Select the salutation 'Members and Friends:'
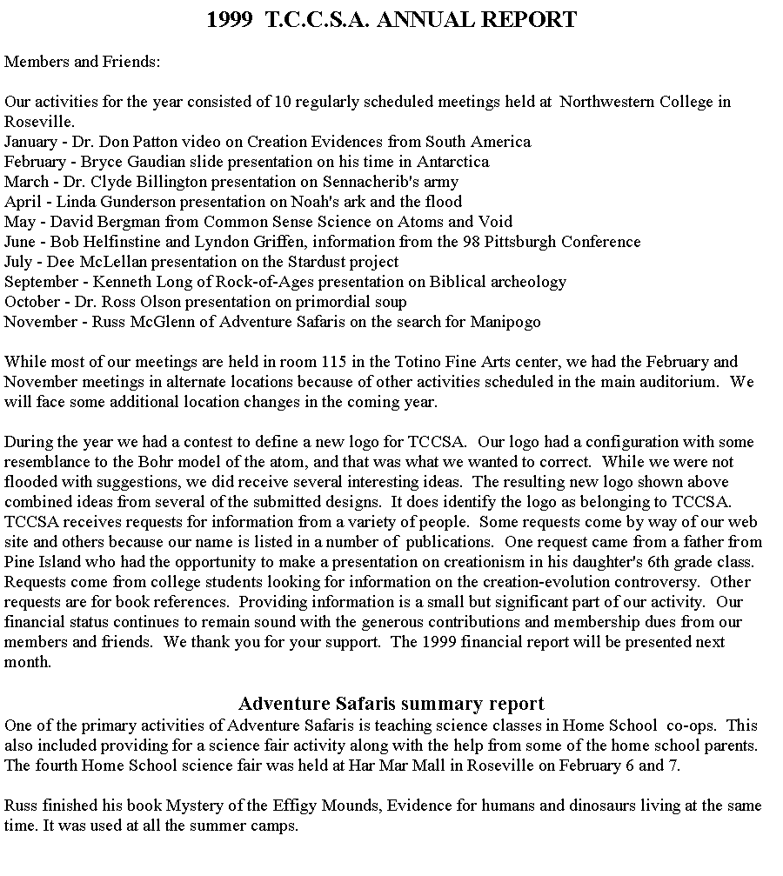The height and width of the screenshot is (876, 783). click(83, 62)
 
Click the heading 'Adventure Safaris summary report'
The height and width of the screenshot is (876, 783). click(391, 703)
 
